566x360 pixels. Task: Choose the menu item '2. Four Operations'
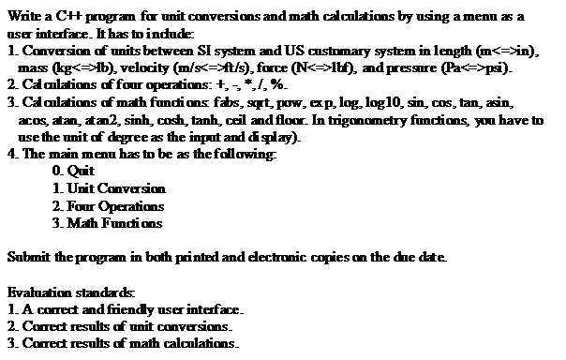coord(109,205)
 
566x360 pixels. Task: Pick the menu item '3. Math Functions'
coord(108,223)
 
